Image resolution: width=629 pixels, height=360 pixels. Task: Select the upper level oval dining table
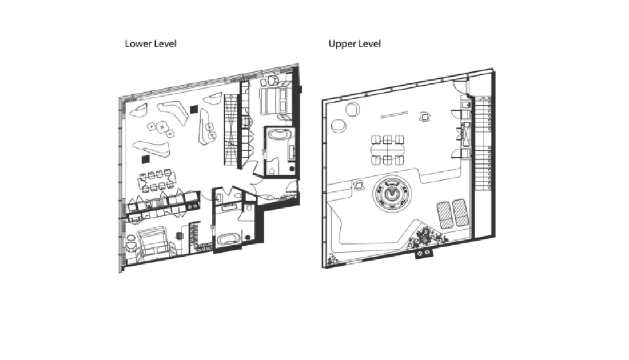click(x=388, y=150)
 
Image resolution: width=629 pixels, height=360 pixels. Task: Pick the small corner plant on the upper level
click(x=332, y=260)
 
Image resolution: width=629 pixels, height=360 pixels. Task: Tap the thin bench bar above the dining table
click(x=394, y=115)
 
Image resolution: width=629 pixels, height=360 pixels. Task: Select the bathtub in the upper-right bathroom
click(x=277, y=134)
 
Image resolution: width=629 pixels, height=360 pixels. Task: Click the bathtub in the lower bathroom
click(x=228, y=239)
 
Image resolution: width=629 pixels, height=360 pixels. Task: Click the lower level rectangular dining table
click(x=157, y=181)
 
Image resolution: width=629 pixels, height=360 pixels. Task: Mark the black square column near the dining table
click(x=146, y=159)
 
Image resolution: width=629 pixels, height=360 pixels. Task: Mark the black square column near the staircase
click(x=194, y=109)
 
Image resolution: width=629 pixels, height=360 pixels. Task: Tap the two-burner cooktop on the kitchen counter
click(x=193, y=206)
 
